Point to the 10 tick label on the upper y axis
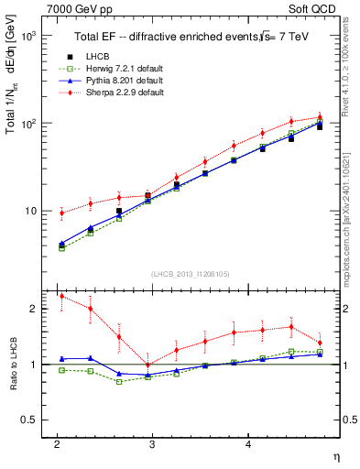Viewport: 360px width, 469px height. (x=28, y=211)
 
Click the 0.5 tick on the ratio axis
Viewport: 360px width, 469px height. (x=27, y=420)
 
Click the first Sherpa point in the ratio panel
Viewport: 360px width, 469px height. (x=61, y=296)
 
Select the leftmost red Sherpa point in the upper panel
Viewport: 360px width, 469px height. (x=61, y=213)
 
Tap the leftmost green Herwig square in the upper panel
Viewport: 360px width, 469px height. (x=61, y=248)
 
